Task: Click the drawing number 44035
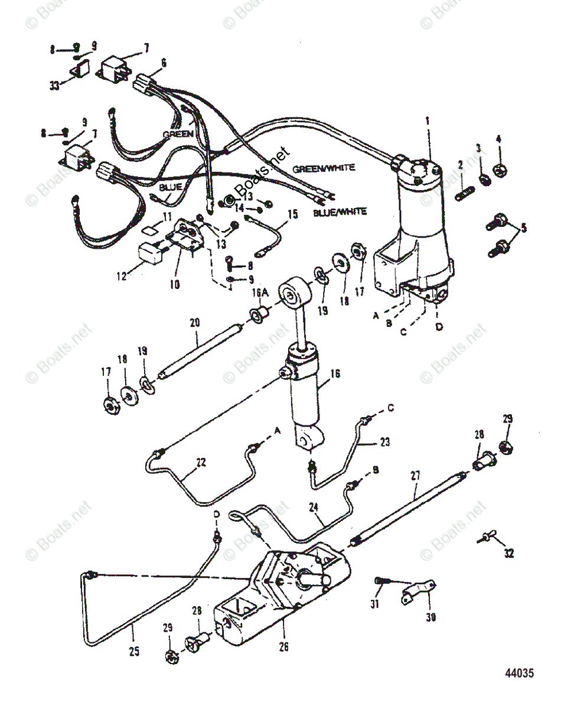(519, 673)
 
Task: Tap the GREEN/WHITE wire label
(324, 168)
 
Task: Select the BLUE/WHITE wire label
(340, 211)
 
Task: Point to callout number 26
(284, 647)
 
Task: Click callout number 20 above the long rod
(194, 322)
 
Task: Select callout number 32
(508, 554)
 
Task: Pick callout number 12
(122, 275)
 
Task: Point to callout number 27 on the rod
(415, 473)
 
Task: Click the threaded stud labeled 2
(464, 192)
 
